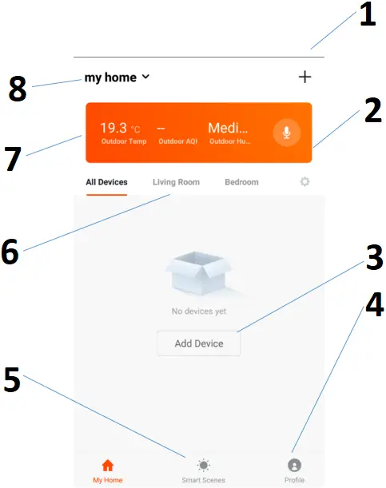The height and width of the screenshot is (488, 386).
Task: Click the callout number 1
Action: coord(367,15)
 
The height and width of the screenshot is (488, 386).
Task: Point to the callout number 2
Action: coord(370,111)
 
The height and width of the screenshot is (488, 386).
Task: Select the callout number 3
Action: coord(370,257)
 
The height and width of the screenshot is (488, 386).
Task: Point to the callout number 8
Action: coord(18,89)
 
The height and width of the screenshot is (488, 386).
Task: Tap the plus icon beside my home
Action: coord(304,77)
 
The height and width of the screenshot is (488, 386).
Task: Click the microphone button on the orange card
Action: coord(286,132)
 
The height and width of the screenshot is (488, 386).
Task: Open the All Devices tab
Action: coord(106,182)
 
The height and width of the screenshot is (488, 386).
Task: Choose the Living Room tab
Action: coord(176,182)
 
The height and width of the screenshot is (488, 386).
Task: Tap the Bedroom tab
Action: coord(241,182)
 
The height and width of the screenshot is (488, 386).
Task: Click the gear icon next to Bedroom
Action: coord(304,182)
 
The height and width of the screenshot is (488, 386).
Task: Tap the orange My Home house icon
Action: coord(108,465)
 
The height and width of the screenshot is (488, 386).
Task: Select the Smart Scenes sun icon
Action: coord(203,465)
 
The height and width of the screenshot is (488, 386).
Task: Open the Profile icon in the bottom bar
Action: coord(294,465)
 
